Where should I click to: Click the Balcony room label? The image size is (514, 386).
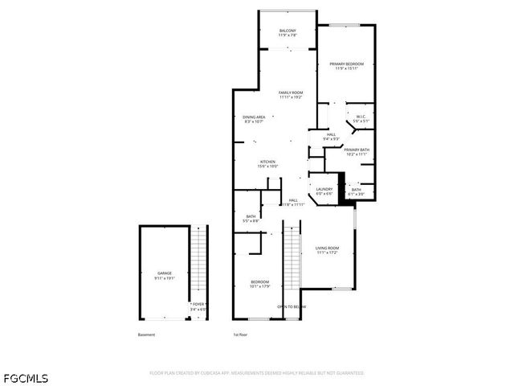click(x=288, y=33)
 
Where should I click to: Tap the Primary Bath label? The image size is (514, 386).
click(x=357, y=151)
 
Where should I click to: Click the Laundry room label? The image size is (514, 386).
click(x=324, y=191)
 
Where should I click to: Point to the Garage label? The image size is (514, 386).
click(x=165, y=275)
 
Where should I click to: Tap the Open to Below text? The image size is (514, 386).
click(x=292, y=306)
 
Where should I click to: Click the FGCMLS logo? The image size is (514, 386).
click(x=25, y=376)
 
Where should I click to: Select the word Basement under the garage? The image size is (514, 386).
click(x=146, y=335)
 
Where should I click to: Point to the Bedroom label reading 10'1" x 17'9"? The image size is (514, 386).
click(x=259, y=283)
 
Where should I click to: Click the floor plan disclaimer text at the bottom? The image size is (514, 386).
click(x=257, y=373)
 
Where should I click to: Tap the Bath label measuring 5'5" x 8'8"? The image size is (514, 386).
click(x=251, y=218)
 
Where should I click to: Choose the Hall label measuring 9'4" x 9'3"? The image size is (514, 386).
click(x=331, y=137)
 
